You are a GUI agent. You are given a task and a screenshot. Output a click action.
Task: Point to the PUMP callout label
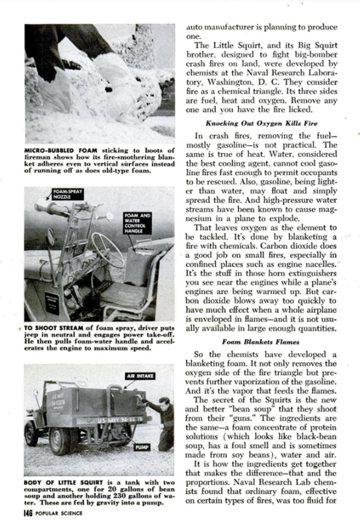142,447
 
